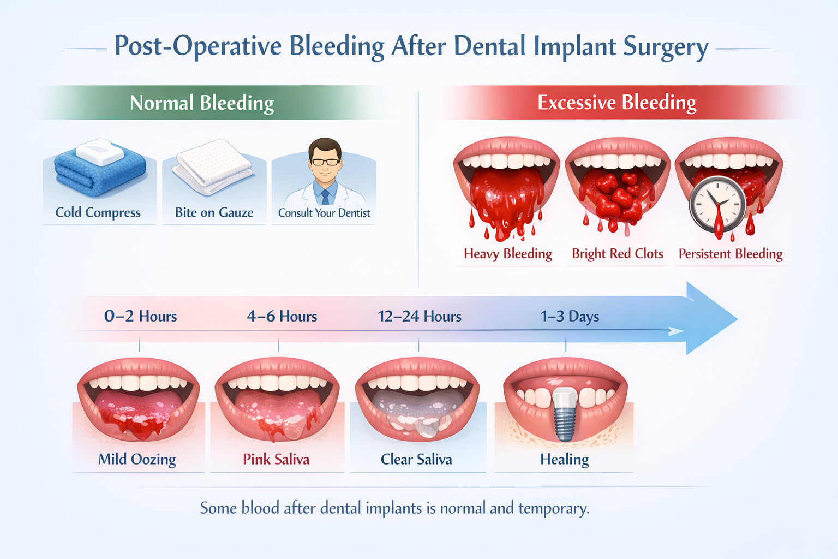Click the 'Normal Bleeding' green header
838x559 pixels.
pyautogui.click(x=201, y=103)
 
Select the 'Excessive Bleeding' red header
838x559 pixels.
pyautogui.click(x=616, y=103)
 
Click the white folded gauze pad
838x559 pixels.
pyautogui.click(x=213, y=166)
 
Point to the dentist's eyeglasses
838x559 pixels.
pyautogui.click(x=325, y=162)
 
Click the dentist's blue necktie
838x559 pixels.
pyautogui.click(x=325, y=195)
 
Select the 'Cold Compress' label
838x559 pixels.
pyautogui.click(x=98, y=212)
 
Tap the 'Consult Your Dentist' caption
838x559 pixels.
pyautogui.click(x=324, y=213)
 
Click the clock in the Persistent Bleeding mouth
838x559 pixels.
pyautogui.click(x=717, y=204)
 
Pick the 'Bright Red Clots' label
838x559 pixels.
pyautogui.click(x=617, y=254)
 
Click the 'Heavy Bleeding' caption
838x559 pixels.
pyautogui.click(x=507, y=254)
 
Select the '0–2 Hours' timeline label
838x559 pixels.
pyautogui.click(x=140, y=317)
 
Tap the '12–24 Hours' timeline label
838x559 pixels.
pyautogui.click(x=420, y=317)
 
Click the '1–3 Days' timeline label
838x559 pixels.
pyautogui.click(x=570, y=317)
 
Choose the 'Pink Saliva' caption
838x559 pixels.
pyautogui.click(x=276, y=459)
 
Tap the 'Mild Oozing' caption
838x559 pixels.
pyautogui.click(x=137, y=459)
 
